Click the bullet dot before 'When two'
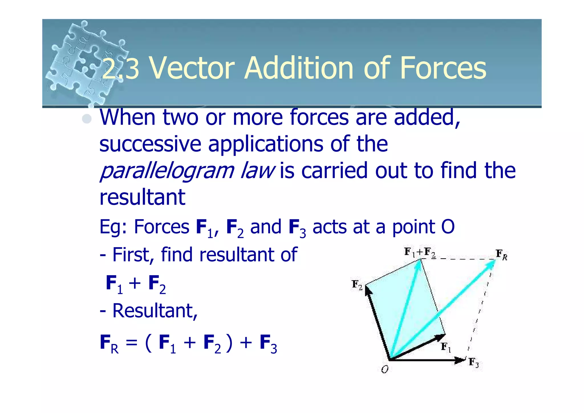pyautogui.click(x=87, y=119)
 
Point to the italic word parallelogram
pyautogui.click(x=167, y=171)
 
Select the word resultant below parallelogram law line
pyautogui.click(x=142, y=197)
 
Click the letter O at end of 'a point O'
pyautogui.click(x=448, y=227)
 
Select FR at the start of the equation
pyautogui.click(x=109, y=343)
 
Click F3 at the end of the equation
pyautogui.click(x=268, y=343)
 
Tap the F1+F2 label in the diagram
pyautogui.click(x=420, y=252)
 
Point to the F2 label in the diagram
pyautogui.click(x=357, y=285)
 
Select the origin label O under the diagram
pyautogui.click(x=385, y=370)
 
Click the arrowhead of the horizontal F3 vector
pyautogui.click(x=460, y=360)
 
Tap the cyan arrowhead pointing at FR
pyautogui.click(x=491, y=264)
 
